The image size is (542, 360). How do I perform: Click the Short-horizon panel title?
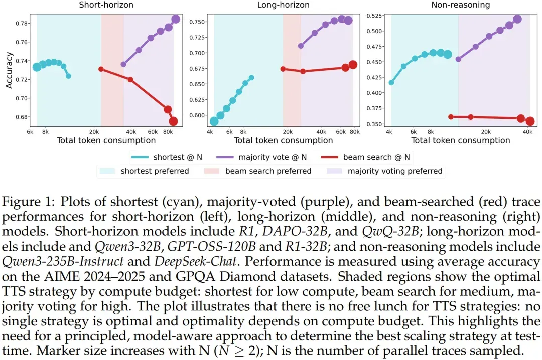[x=106, y=5]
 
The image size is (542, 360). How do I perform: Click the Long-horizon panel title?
[x=283, y=5]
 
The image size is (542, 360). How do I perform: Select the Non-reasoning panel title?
[x=460, y=5]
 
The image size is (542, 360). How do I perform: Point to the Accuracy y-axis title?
[x=9, y=70]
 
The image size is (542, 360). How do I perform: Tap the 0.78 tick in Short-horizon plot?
[x=23, y=24]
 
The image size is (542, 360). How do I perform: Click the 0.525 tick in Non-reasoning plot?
[x=374, y=16]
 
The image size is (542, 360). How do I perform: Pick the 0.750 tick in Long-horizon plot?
[x=197, y=22]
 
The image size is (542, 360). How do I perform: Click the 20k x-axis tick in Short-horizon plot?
[x=94, y=132]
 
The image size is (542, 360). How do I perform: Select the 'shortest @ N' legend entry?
[x=167, y=157]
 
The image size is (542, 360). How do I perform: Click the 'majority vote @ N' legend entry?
[x=261, y=157]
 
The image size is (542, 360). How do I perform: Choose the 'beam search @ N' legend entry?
[x=365, y=157]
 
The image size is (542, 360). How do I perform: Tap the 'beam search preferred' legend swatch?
[x=212, y=171]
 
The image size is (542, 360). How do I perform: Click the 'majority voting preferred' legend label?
[x=395, y=171]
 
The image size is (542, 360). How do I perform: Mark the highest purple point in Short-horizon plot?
[x=176, y=19]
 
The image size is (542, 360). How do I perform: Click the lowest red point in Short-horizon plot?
[x=173, y=121]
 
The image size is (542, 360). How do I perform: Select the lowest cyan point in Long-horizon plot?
[x=214, y=121]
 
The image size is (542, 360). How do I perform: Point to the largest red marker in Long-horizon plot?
[x=353, y=65]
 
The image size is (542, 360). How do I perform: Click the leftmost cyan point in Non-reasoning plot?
[x=391, y=83]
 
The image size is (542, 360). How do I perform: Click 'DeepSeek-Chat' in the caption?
[x=196, y=261]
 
